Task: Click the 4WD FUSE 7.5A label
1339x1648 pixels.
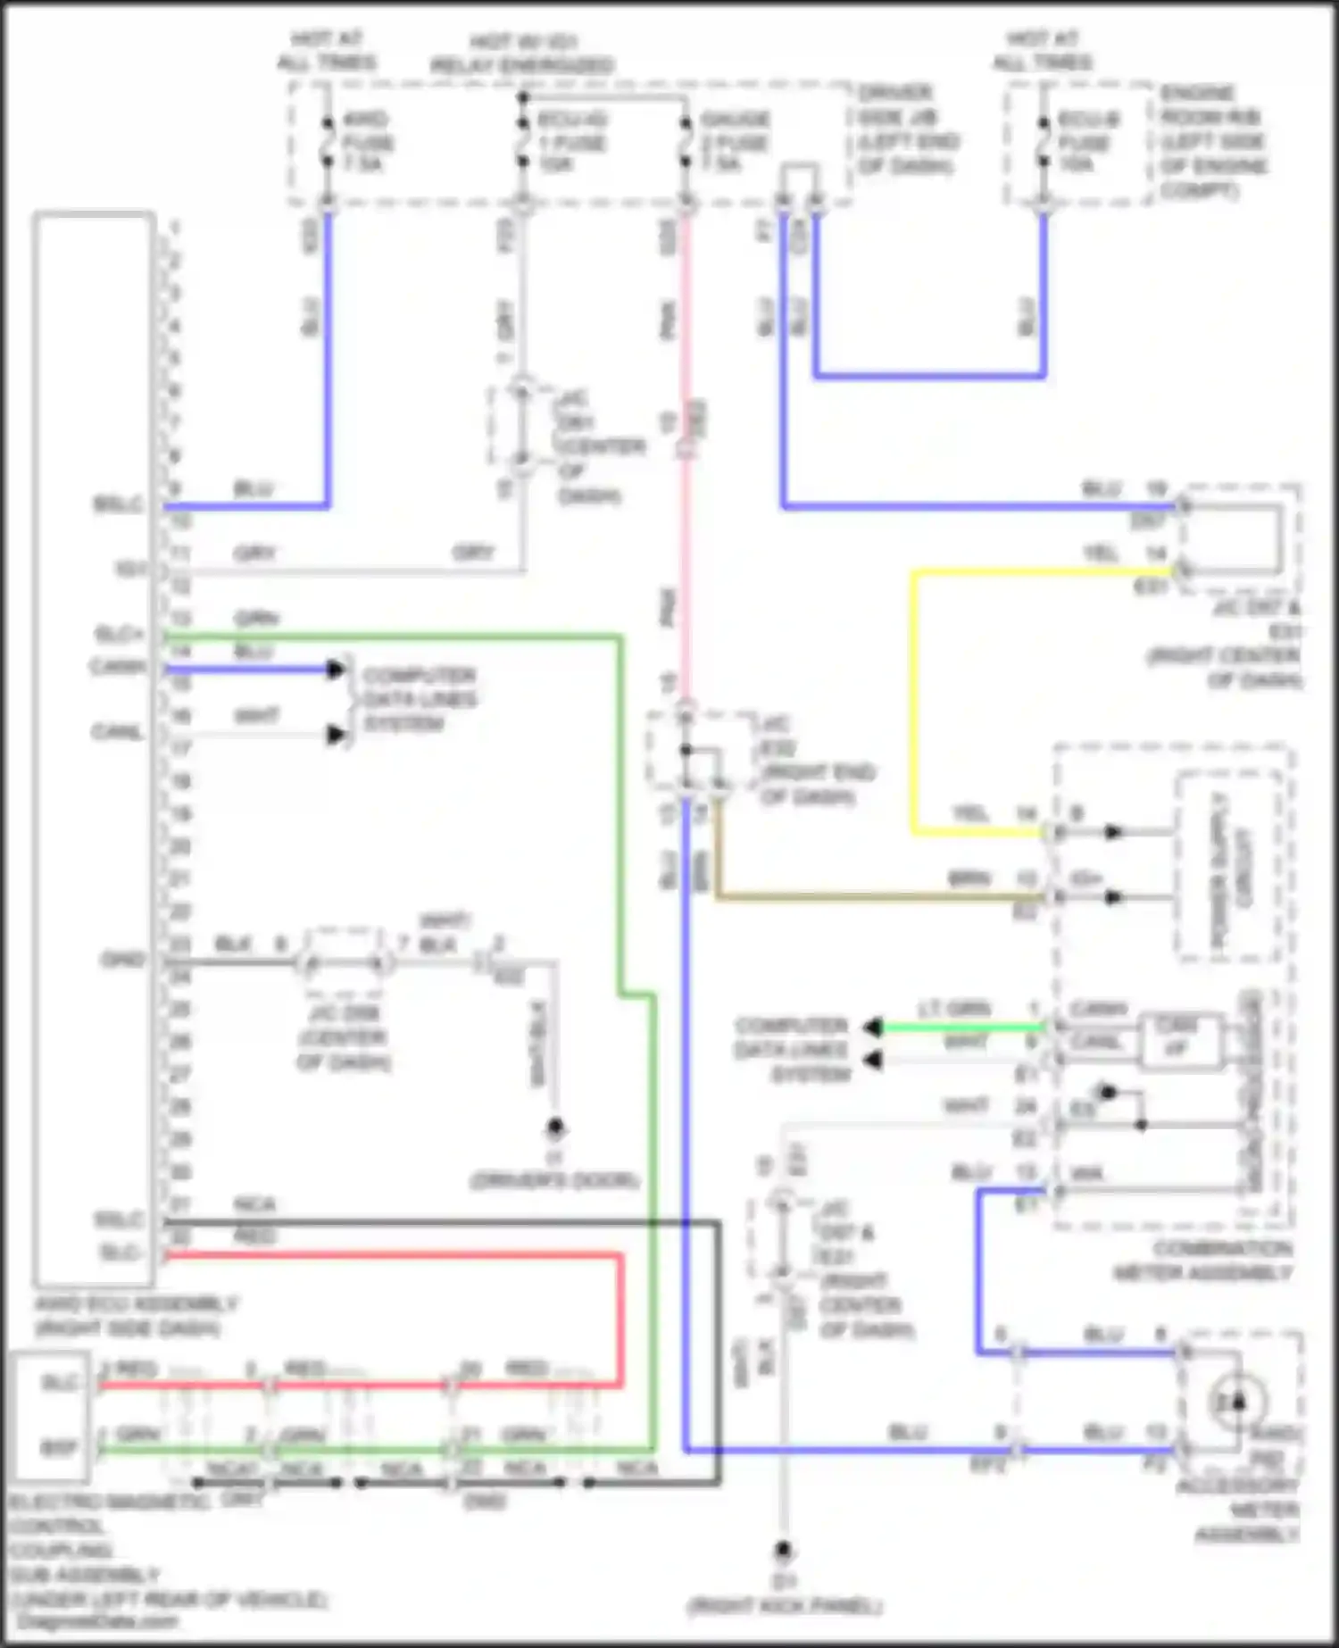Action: click(x=366, y=142)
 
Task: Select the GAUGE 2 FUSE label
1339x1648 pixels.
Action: click(x=735, y=142)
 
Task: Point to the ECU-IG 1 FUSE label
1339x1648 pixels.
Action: click(x=571, y=142)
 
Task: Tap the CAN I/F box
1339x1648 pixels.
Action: click(x=1178, y=1040)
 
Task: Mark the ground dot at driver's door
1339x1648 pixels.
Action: click(x=555, y=1128)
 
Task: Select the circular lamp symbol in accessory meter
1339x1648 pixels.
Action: click(x=1239, y=1402)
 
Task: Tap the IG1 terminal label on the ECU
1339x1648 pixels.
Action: click(x=129, y=568)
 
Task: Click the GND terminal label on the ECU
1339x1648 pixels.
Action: click(x=123, y=961)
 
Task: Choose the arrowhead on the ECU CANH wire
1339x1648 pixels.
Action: click(x=336, y=669)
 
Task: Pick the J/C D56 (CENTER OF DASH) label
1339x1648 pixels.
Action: click(x=344, y=1037)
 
